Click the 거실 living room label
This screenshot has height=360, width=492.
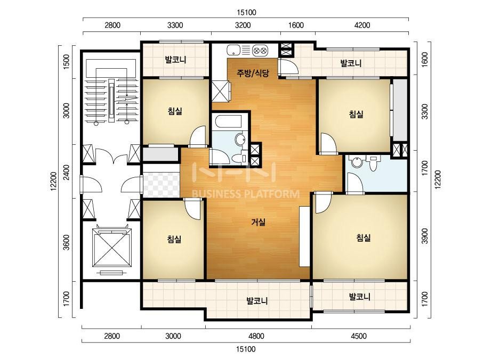258,222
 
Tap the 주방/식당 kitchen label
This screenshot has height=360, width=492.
253,73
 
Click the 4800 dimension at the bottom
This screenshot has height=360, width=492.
256,336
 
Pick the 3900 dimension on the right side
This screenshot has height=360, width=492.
424,236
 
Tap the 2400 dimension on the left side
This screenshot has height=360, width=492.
66,172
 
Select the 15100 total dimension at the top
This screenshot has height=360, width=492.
246,13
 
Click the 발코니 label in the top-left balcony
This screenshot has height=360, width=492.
176,60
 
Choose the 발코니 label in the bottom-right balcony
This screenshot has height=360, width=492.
360,296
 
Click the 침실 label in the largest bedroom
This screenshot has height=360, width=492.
364,238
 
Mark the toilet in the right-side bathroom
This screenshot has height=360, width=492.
373,163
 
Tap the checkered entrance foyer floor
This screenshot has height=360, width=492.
162,185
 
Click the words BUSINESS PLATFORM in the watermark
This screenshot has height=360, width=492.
245,194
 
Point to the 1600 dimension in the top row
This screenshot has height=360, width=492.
296,25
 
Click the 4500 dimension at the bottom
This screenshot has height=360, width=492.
358,336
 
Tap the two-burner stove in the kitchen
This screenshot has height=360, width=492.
260,50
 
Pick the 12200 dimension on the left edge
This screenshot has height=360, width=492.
54,181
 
